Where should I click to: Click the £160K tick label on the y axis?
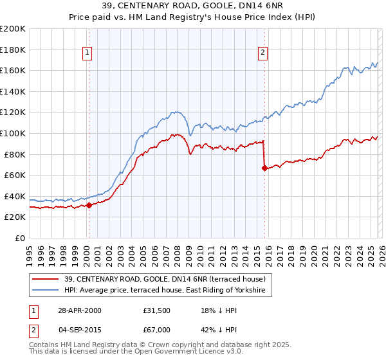tap(14, 70)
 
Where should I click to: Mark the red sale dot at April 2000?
tap(89, 205)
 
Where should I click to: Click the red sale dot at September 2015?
tap(264, 168)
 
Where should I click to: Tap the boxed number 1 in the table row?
tap(33, 310)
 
